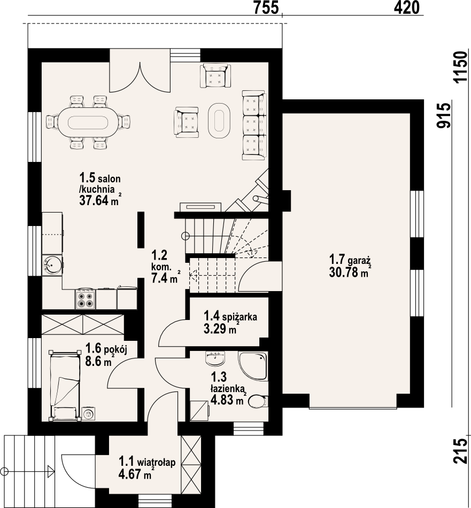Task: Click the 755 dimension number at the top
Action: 266,7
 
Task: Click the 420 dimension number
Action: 406,7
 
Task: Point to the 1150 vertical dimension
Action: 461,67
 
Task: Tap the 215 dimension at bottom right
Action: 461,451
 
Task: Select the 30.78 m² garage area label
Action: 350,272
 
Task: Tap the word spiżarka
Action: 240,316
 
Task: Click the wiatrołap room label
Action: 156,462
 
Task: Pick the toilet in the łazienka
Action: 258,401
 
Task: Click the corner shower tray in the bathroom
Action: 253,366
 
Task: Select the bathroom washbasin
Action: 215,358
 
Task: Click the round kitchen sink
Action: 52,265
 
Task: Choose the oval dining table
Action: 88,122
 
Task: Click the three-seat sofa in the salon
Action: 254,126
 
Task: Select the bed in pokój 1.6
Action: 65,386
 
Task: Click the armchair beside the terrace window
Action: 215,75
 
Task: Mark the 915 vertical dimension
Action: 444,116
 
